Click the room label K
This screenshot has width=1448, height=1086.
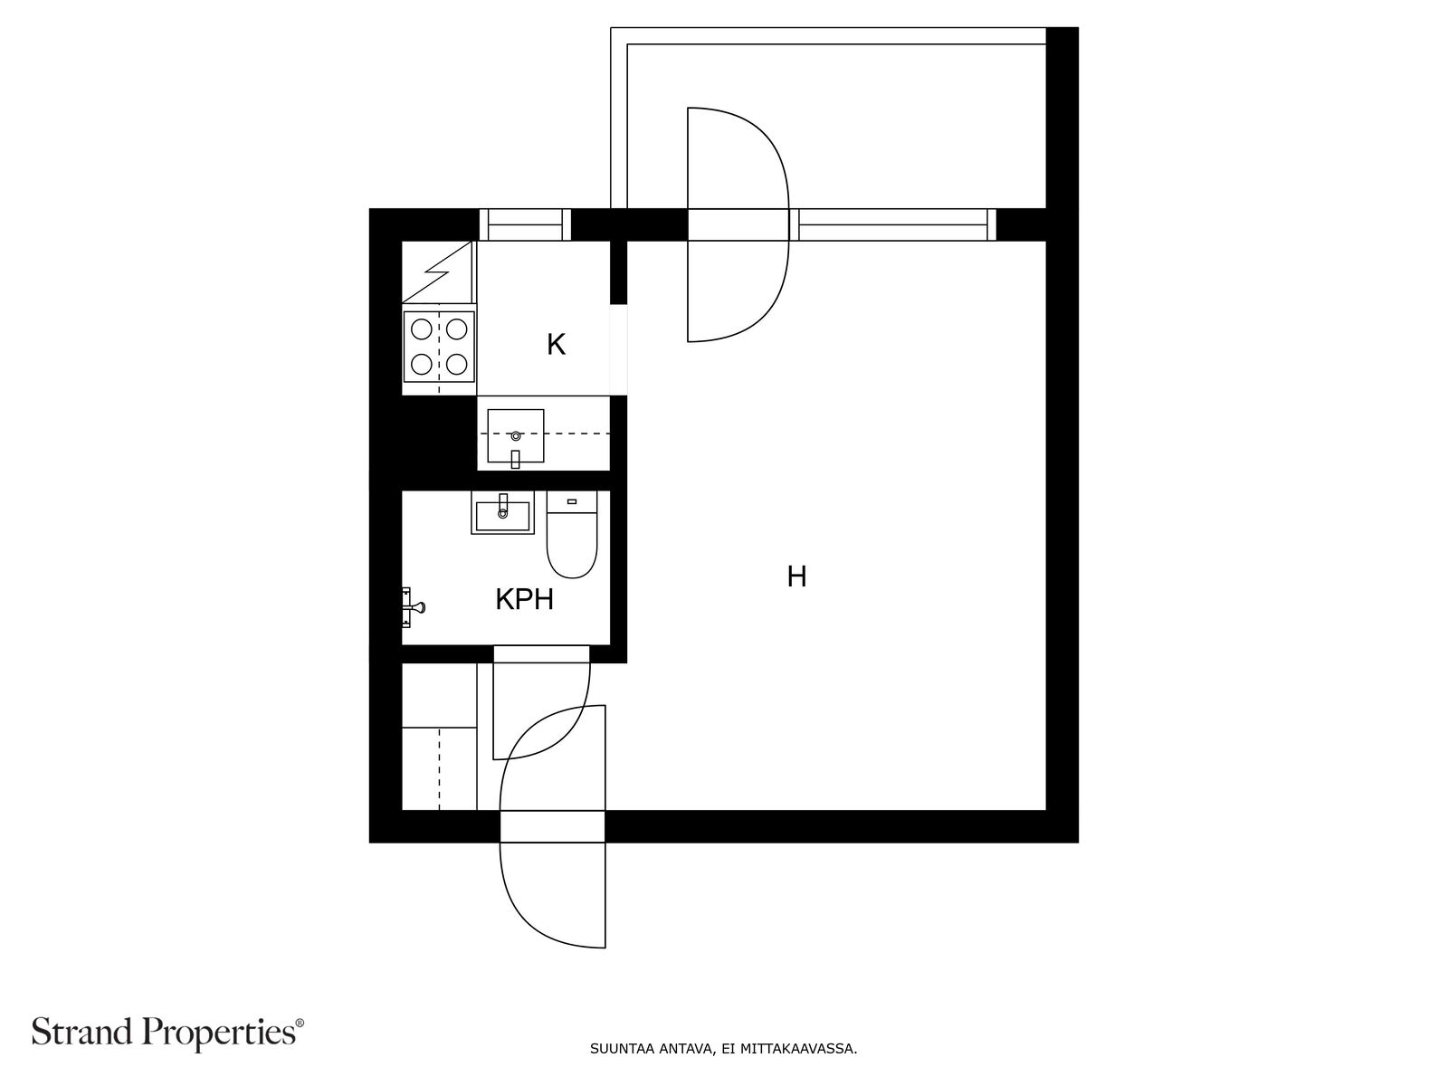pos(556,345)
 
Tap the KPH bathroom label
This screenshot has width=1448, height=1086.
pos(524,599)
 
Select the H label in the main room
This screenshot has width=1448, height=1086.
pos(796,576)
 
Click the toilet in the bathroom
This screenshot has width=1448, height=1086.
pos(572,543)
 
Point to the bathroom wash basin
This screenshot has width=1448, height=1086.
pos(502,514)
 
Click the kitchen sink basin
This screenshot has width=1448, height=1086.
pos(516,435)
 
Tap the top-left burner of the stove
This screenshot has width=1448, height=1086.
pos(421,329)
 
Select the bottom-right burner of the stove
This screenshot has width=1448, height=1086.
pos(457,364)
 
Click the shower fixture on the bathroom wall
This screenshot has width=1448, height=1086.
pos(412,607)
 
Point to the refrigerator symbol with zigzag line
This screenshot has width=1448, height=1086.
pos(439,271)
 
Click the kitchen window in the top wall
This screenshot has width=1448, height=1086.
pos(525,224)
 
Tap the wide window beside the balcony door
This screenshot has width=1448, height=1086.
pos(892,224)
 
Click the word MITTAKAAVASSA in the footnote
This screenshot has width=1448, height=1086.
pos(798,1050)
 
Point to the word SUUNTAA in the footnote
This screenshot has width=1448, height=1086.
pos(619,1050)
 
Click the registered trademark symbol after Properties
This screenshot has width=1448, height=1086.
pos(300,1024)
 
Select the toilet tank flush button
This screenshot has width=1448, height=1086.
pos(572,500)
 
